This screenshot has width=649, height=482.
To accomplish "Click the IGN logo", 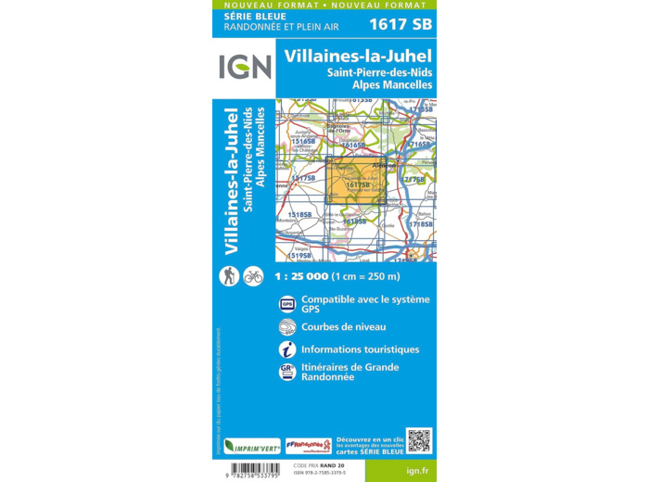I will tap(245, 67).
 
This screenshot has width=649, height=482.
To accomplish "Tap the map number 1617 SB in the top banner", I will tap(401, 24).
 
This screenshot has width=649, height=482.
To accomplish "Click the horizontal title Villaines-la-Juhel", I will tap(358, 56).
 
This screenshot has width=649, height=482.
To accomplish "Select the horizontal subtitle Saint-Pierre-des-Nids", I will tap(379, 71).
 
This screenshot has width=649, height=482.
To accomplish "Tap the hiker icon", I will tap(228, 275).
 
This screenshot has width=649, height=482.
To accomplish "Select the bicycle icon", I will tap(253, 275).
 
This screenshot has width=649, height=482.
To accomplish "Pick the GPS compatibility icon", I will tap(287, 303).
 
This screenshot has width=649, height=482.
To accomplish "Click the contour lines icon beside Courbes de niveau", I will tap(287, 326).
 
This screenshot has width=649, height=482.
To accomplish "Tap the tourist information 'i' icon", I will tap(287, 349).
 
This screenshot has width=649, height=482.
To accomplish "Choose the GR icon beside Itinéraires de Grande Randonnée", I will tap(287, 372).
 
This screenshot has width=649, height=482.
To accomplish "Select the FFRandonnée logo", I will tap(308, 445).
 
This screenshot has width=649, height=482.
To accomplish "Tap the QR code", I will tap(419, 441).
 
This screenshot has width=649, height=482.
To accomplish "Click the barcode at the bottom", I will tap(250, 469).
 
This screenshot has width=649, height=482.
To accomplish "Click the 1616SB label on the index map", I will tap(353, 146).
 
